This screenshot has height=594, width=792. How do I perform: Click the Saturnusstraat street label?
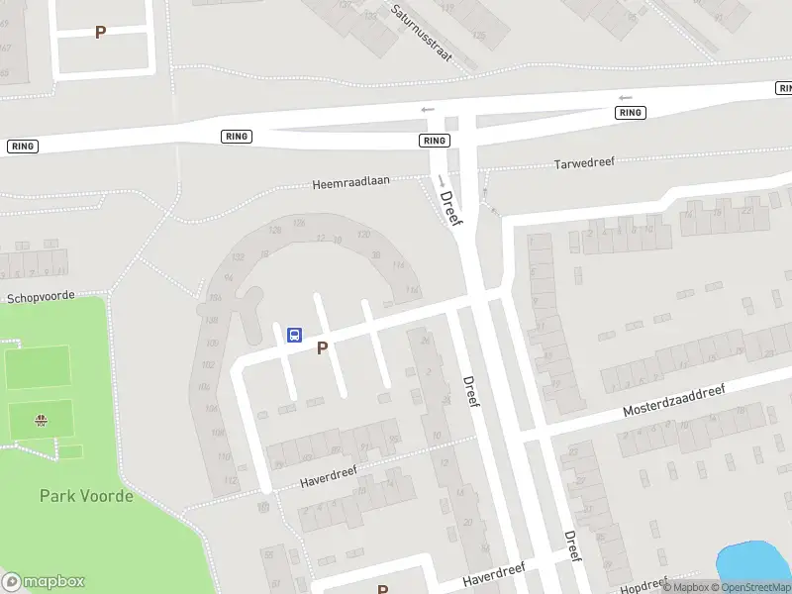pyautogui.click(x=421, y=33)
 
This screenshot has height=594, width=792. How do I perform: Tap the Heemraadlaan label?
pyautogui.click(x=350, y=182)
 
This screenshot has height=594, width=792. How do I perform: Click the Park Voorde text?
pyautogui.click(x=86, y=496)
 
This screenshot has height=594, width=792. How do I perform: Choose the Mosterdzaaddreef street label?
pyautogui.click(x=673, y=400)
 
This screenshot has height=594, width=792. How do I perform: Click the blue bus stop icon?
pyautogui.click(x=294, y=335)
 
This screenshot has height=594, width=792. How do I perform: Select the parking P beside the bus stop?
pyautogui.click(x=322, y=348)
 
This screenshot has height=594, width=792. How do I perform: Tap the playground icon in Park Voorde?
pyautogui.click(x=42, y=420)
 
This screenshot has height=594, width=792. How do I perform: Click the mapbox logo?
pyautogui.click(x=43, y=582)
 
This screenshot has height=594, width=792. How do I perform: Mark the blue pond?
pyautogui.click(x=755, y=562)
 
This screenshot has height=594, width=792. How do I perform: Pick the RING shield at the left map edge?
pyautogui.click(x=22, y=146)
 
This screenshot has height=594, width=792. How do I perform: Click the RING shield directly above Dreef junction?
pyautogui.click(x=434, y=141)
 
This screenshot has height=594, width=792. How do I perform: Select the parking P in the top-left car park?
pyautogui.click(x=100, y=33)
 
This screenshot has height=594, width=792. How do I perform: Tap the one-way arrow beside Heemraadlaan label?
pyautogui.click(x=440, y=179)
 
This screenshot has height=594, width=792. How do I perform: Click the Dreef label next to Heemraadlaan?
pyautogui.click(x=451, y=209)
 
